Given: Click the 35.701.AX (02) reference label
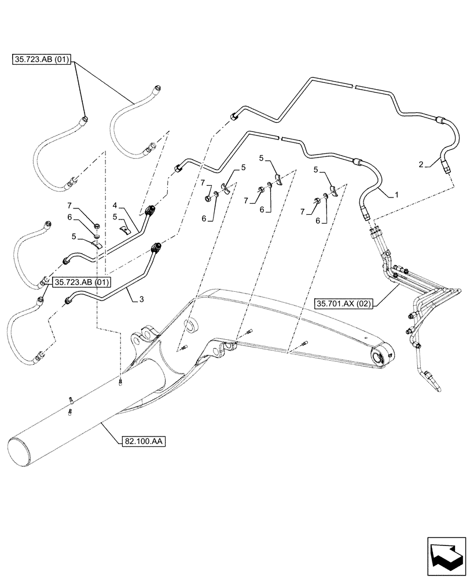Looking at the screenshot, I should [x=345, y=303].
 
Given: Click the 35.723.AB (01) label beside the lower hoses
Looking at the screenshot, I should [x=81, y=282].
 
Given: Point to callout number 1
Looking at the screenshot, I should [x=396, y=196].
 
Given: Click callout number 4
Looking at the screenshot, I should [x=115, y=205].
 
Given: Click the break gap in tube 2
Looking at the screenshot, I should [x=354, y=87].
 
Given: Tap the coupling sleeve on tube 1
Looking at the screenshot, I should [x=357, y=163].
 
